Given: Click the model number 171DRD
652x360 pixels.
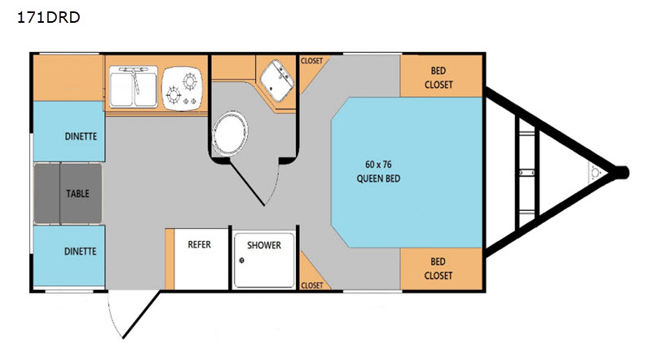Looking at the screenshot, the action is (49, 17).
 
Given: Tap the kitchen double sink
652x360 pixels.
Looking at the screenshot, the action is (134, 86).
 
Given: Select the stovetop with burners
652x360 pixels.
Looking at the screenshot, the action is (182, 88).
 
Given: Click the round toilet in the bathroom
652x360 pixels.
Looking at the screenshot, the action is (229, 134).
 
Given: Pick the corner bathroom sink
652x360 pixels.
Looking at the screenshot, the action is (276, 81).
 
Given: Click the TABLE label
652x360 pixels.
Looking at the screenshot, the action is (77, 193).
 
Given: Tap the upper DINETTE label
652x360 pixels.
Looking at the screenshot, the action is (81, 136).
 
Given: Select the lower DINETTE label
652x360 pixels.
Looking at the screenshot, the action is (80, 251).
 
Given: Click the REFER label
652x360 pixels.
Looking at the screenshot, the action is (199, 244).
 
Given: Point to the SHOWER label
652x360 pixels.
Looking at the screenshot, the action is (264, 245).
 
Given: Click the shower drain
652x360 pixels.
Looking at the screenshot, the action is (241, 261).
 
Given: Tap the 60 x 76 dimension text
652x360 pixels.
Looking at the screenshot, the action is (378, 165).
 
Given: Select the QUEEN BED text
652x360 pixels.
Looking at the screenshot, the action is (378, 178).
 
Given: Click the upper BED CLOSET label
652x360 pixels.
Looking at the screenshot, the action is (438, 77).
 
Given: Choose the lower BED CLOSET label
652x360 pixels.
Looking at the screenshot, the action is (438, 269).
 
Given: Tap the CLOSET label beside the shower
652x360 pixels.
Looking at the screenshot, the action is (312, 286).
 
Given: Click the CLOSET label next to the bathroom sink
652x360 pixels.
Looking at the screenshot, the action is (312, 61).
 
